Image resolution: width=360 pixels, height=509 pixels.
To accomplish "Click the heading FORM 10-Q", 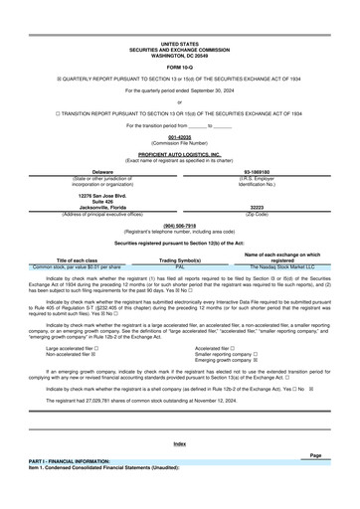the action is point(180,66).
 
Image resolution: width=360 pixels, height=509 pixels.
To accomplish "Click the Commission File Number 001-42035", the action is point(180,135).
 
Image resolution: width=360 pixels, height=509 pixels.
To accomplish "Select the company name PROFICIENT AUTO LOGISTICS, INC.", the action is point(180,155).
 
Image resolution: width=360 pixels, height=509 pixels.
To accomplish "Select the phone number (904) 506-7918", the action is point(180,225).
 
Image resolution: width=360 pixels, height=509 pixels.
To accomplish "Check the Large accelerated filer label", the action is point(69,349).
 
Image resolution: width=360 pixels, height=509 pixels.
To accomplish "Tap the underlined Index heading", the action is point(180,442).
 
